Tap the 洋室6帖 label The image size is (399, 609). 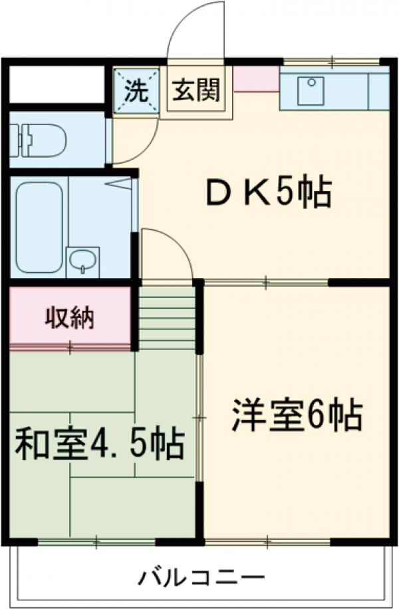[297, 416]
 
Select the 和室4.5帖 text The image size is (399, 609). [99, 443]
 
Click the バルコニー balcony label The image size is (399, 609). [201, 576]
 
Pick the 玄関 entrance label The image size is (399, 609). [196, 90]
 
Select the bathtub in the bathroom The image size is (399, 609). [40, 226]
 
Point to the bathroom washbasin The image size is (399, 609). [82, 260]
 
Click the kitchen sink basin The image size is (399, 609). [311, 91]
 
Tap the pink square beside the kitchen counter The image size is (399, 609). [255, 79]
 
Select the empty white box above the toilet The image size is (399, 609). [57, 84]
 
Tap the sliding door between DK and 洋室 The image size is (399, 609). [266, 283]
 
